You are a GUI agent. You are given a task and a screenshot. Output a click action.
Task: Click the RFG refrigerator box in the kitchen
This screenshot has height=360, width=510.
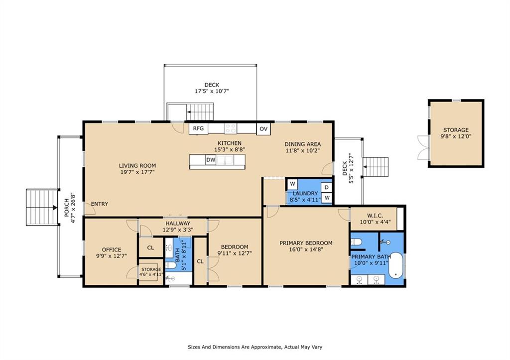(x=198, y=128)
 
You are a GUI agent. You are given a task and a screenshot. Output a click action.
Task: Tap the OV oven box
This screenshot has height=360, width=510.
(x=263, y=129)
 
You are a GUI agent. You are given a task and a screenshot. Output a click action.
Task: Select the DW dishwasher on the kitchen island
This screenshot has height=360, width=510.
(x=210, y=160)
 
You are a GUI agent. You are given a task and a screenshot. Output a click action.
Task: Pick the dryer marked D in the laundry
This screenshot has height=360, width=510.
(x=327, y=187)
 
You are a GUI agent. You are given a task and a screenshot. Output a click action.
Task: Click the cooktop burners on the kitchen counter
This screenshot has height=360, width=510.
(x=230, y=128)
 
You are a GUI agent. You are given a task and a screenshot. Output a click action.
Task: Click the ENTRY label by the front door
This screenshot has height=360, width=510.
(x=100, y=204)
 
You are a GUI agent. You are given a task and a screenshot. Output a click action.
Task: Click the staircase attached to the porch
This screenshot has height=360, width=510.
(x=42, y=207)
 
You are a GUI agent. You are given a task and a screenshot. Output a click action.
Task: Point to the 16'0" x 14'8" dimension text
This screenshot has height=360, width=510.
(x=306, y=250)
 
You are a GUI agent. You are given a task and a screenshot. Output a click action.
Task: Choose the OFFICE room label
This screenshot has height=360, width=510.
(x=112, y=250)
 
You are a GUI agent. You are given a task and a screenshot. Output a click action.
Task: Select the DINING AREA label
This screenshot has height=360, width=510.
(x=302, y=144)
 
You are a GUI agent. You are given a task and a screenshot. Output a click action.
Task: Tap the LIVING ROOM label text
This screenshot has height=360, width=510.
(x=137, y=166)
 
